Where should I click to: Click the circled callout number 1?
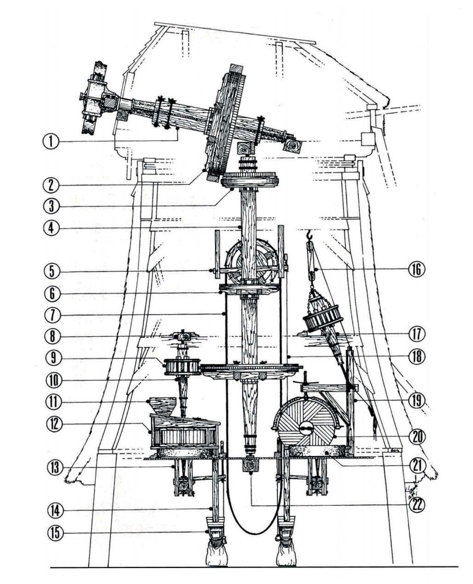(x=51, y=141)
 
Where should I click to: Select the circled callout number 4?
(x=51, y=228)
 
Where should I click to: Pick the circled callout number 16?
(x=416, y=270)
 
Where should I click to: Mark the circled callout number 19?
(x=416, y=400)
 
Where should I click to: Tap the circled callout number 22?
(x=416, y=505)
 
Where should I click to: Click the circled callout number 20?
(x=416, y=436)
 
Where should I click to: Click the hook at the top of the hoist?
(x=310, y=235)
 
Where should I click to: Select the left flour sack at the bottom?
(x=216, y=556)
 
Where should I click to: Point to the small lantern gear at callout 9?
(x=182, y=367)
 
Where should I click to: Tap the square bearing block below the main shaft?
(x=251, y=465)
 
